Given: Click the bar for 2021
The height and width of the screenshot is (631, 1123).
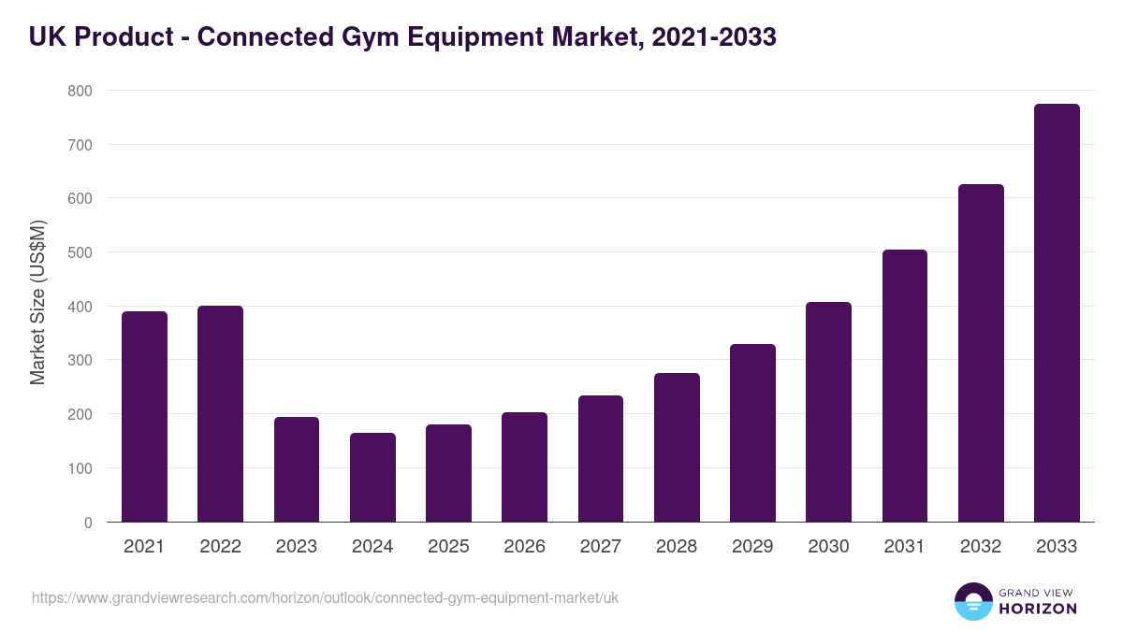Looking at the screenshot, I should point(144,417).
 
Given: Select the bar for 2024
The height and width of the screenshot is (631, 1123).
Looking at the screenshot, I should point(372,478).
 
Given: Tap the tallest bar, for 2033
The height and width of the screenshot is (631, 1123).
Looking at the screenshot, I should point(1057,313).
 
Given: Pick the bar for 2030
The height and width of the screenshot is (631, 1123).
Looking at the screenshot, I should point(828,412).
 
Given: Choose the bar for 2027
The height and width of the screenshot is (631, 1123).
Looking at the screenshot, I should point(601,459).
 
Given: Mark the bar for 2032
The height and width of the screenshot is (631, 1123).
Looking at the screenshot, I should point(981,353).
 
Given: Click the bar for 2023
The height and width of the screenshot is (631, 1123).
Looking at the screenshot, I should point(297,469).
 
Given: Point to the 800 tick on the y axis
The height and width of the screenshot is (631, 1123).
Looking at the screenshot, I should point(80,91).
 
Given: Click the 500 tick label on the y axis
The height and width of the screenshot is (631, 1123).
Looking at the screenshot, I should point(80,252).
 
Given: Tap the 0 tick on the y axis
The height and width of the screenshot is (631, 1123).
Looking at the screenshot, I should point(88,523).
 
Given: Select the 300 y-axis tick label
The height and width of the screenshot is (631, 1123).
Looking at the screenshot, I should point(80,361).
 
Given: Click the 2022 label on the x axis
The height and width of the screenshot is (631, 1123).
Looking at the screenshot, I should point(220,547).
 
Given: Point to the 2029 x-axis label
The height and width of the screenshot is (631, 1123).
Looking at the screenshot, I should point(752,547).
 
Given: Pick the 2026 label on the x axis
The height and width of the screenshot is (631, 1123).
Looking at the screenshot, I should point(524,547).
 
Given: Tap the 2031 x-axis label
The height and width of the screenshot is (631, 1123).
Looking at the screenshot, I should point(904,547).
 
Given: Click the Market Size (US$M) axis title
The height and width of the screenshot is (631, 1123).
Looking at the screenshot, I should point(37,302).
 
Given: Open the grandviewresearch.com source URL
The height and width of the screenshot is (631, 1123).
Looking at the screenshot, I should point(325,597).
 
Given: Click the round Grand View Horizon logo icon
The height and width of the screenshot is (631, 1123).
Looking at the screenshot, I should point(972,601).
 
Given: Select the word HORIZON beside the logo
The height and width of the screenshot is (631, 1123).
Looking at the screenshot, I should point(1038,609).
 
